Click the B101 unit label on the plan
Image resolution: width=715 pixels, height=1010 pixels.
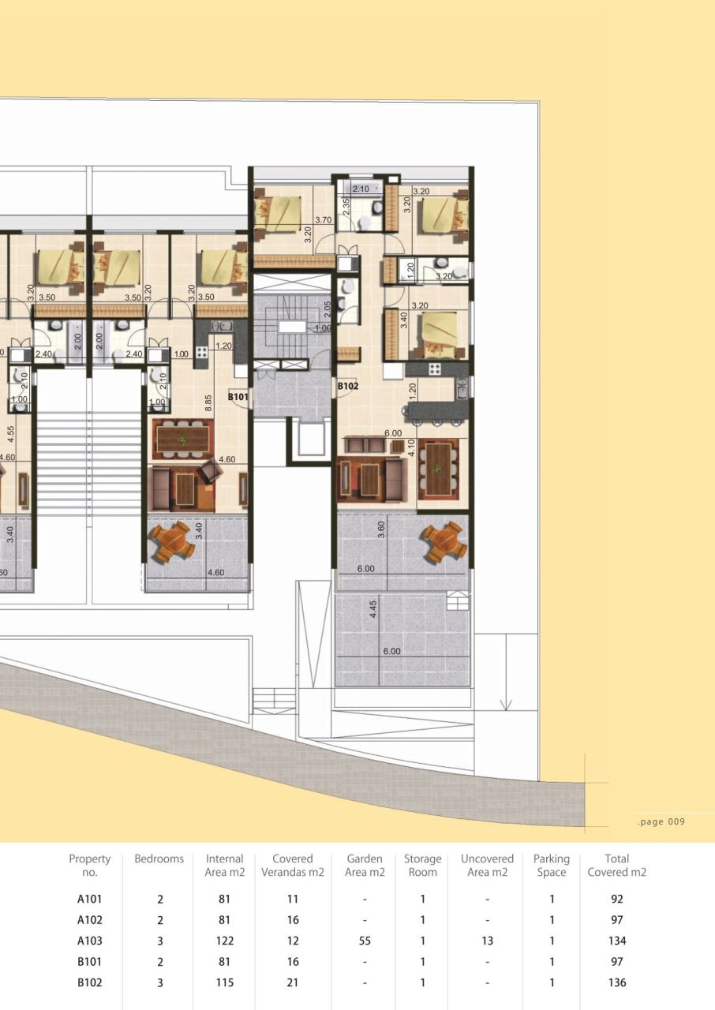(238, 397)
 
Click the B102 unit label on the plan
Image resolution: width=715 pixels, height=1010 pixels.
(348, 387)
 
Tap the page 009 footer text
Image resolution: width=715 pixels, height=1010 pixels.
(661, 821)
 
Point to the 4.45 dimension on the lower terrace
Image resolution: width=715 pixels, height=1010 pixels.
(372, 612)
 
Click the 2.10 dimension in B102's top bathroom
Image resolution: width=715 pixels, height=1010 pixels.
(361, 189)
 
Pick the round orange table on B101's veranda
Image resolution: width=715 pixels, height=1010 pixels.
(172, 540)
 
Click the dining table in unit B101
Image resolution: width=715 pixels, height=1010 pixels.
(183, 439)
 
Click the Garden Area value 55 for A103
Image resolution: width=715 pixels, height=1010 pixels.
(365, 941)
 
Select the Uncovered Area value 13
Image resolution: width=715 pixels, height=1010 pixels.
(487, 941)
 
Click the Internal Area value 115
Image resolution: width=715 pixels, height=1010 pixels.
(224, 982)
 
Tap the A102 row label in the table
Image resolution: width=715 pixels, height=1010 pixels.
(89, 919)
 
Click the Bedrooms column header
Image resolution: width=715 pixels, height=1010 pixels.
(159, 858)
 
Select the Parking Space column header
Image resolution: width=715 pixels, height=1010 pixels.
(551, 865)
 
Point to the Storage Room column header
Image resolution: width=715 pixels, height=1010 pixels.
(422, 865)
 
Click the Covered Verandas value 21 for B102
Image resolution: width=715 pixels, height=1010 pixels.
(292, 982)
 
